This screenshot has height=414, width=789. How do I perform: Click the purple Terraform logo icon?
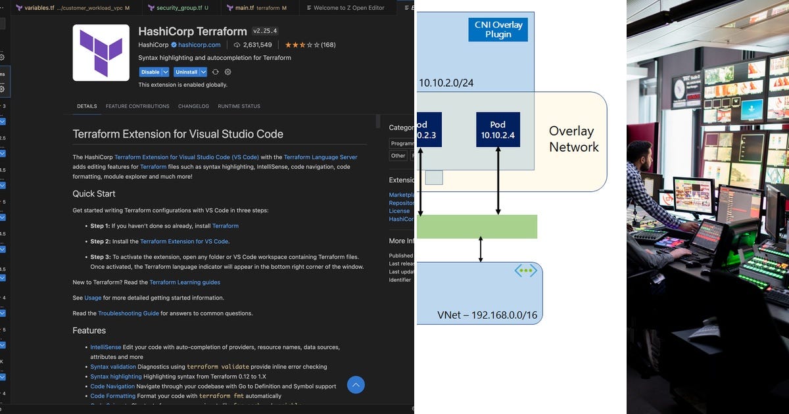101,53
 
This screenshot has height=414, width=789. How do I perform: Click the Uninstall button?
187,72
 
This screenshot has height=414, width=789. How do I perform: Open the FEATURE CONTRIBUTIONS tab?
137,106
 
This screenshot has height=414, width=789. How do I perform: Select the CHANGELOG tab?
193,106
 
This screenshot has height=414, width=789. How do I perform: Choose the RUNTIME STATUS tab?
239,106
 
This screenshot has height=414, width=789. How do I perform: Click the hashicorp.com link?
199,45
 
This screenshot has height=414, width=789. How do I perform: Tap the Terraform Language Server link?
320,157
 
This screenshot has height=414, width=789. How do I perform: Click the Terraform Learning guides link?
185,282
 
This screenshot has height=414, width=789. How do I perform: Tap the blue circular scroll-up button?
356,384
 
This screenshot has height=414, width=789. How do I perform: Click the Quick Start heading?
94,194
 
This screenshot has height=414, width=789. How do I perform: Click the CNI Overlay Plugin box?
498,30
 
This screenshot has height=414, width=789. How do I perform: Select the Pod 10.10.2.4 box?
498,129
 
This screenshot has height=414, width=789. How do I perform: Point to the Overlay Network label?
573,139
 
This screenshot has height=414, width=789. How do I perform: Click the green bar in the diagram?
477,227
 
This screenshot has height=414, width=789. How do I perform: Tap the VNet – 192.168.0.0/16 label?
487,315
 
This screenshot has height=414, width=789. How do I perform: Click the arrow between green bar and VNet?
481,250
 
